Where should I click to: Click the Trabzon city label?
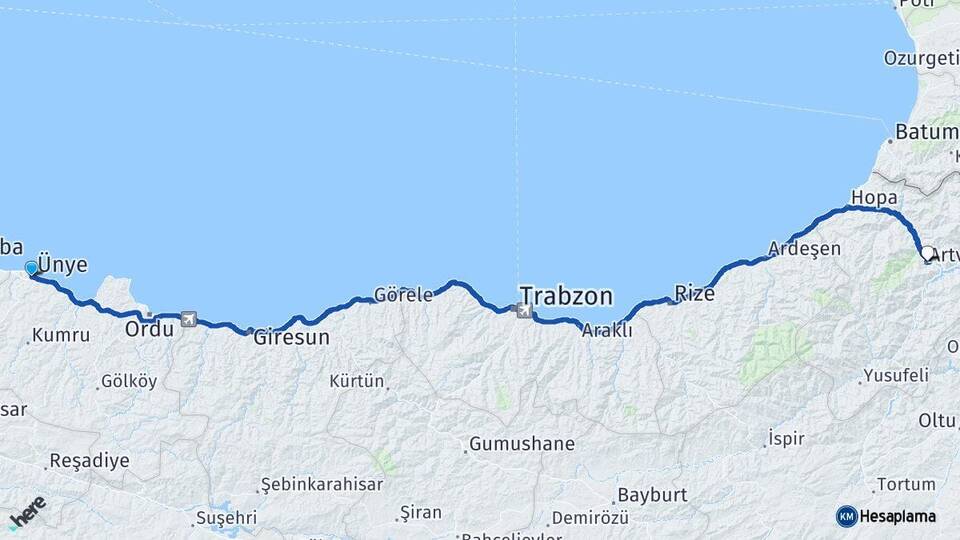(x=565, y=295)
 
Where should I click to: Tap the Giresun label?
(x=291, y=337)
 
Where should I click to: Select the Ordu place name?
(x=149, y=328)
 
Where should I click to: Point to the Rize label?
(x=695, y=293)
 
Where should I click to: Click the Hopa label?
(x=873, y=197)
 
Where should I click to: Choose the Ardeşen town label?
(x=805, y=249)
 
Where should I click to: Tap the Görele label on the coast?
(x=403, y=295)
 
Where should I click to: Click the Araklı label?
(x=607, y=330)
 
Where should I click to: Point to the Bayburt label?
(x=652, y=495)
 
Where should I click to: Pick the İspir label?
(x=784, y=438)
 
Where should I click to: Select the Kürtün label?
(x=357, y=381)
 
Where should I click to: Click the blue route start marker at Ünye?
(x=32, y=268)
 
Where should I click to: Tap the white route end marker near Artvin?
(x=928, y=254)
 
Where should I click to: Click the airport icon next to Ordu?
(x=188, y=320)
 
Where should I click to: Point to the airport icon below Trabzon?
(x=524, y=311)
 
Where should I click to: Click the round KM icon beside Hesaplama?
(x=847, y=516)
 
